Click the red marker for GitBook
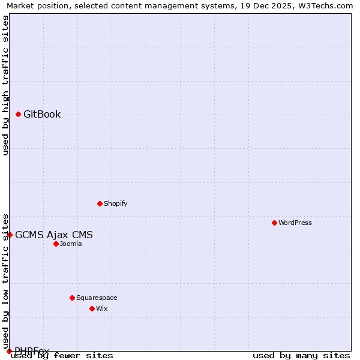pyautogui.click(x=19, y=114)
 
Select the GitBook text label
pyautogui.click(x=42, y=115)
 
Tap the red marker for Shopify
pyautogui.click(x=100, y=203)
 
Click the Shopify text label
pyautogui.click(x=115, y=203)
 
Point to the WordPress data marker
pyautogui.click(x=274, y=223)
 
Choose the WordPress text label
pyautogui.click(x=295, y=223)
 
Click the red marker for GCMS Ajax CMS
pyautogui.click(x=10, y=235)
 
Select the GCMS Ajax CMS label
pyautogui.click(x=54, y=235)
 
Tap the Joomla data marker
pyautogui.click(x=56, y=244)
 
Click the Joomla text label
pyautogui.click(x=71, y=244)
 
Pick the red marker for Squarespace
pyautogui.click(x=72, y=298)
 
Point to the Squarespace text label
pyautogui.click(x=97, y=298)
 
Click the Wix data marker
pyautogui.click(x=92, y=308)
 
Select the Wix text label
pyautogui.click(x=101, y=308)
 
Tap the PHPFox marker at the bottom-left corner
pyautogui.click(x=9, y=351)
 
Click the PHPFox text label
pyautogui.click(x=32, y=350)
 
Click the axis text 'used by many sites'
pyautogui.click(x=301, y=356)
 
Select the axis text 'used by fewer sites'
pyautogui.click(x=62, y=356)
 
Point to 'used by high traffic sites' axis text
pyautogui.click(x=6, y=85)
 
